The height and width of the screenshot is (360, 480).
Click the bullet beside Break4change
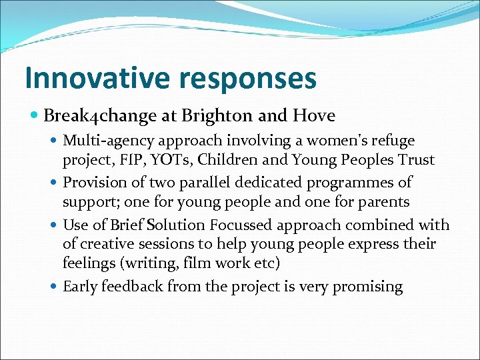pos(35,116)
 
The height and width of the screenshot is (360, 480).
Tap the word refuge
pos(392,141)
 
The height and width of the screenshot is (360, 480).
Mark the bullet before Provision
pos(55,182)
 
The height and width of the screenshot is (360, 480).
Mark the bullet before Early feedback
pos(55,287)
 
